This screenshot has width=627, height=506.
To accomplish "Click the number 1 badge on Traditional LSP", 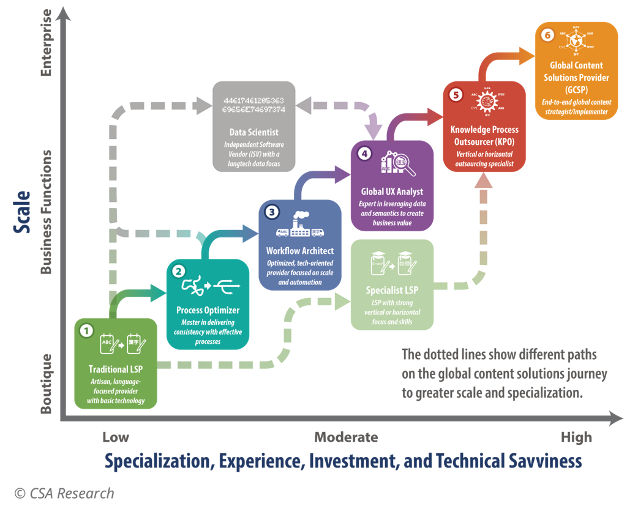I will pyautogui.click(x=87, y=331).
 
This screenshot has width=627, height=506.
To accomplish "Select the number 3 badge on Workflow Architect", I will pyautogui.click(x=271, y=212).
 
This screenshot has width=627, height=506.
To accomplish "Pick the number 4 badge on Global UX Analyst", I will pyautogui.click(x=364, y=154).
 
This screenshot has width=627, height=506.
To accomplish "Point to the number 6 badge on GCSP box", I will pyautogui.click(x=547, y=35).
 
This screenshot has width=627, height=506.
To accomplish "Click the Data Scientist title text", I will pyautogui.click(x=253, y=132).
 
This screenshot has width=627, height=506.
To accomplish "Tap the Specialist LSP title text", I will pyautogui.click(x=392, y=290).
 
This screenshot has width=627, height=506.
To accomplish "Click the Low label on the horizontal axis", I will pyautogui.click(x=116, y=437).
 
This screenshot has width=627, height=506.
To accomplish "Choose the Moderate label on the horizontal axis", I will pyautogui.click(x=346, y=437).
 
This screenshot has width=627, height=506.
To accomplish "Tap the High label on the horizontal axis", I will pyautogui.click(x=576, y=437).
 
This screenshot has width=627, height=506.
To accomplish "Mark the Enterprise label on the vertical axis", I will pyautogui.click(x=47, y=43).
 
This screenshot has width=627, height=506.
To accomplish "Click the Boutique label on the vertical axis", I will pyautogui.click(x=47, y=384).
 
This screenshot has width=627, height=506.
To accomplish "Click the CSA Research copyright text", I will pyautogui.click(x=64, y=493).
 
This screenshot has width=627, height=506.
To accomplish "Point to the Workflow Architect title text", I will pyautogui.click(x=299, y=251).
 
